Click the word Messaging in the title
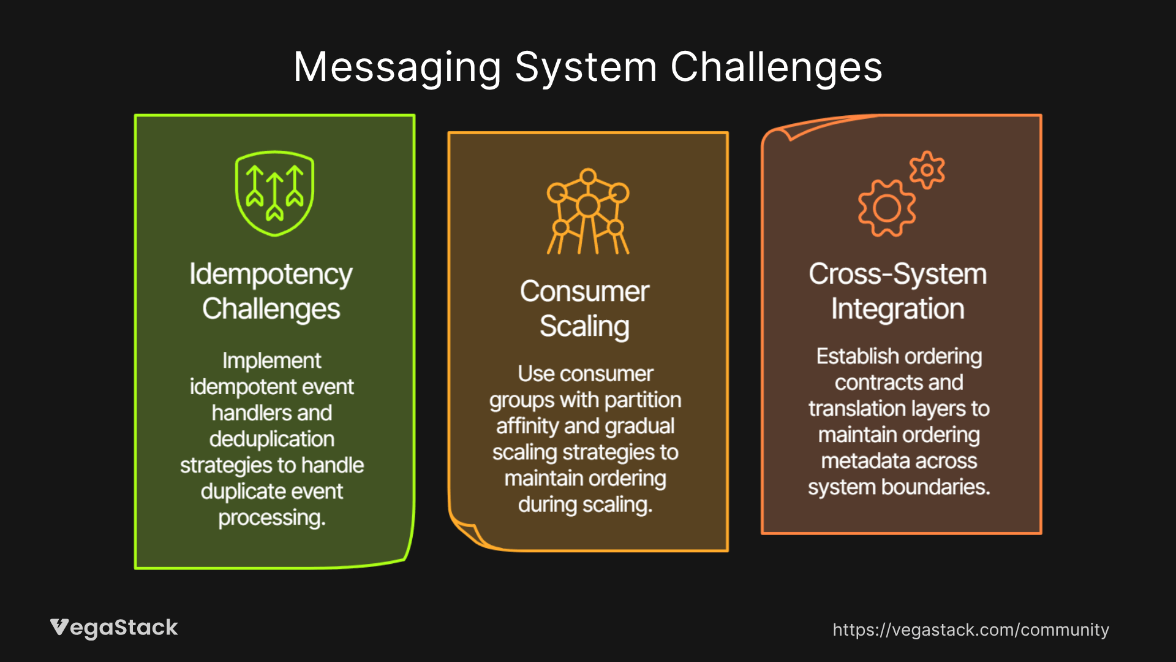pos(397,67)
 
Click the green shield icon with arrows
pos(274,193)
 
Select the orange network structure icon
pos(588,211)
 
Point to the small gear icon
pos(927,170)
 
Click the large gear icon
pos(887,208)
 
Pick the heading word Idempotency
pos(271,274)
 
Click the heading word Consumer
pos(584,291)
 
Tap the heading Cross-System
pos(898,273)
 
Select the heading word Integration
pos(898,309)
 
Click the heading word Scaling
pos(584,326)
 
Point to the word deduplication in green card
pos(272,439)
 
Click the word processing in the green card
pos(272,518)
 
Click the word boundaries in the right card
pos(935,487)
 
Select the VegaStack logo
pos(114,628)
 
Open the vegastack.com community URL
pos(971,630)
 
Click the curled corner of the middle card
pos(469,532)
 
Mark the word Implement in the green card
pos(272,360)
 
